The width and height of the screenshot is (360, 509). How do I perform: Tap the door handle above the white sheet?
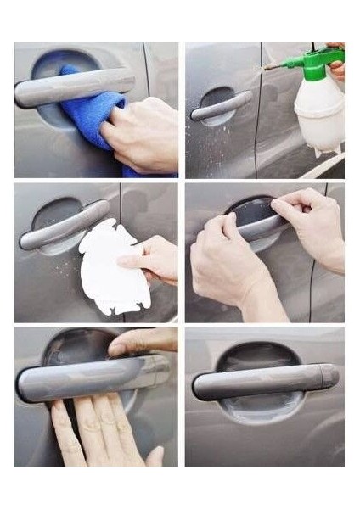click(x=64, y=226)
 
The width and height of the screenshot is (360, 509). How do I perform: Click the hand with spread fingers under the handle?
click(x=98, y=433)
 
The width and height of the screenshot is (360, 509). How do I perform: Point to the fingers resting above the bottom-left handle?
click(x=140, y=342)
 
